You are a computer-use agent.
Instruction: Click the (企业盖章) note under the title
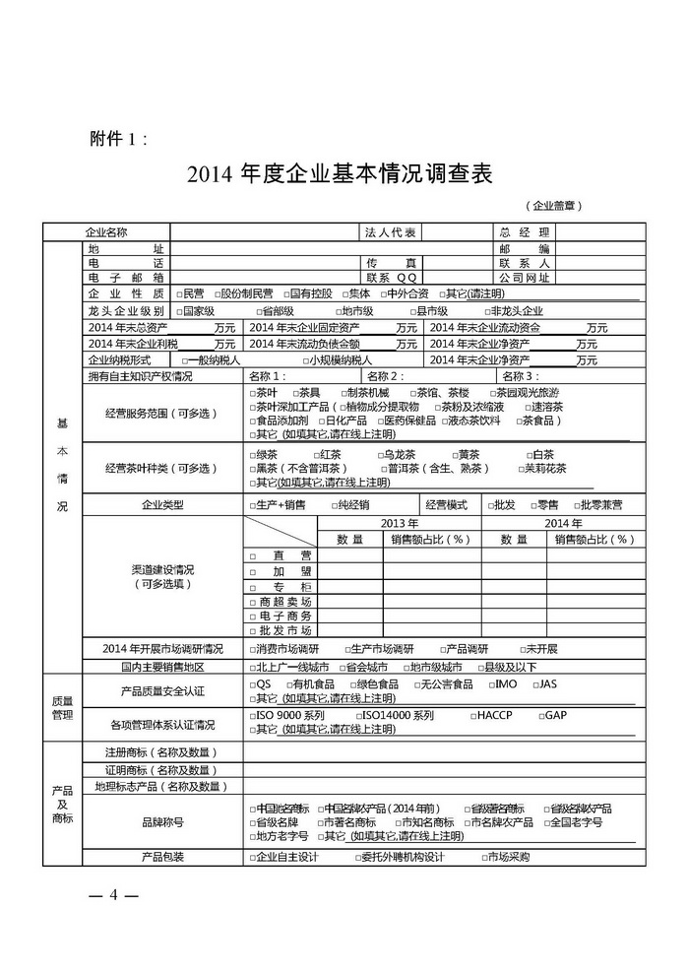pyautogui.click(x=557, y=206)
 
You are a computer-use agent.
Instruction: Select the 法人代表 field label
pyautogui.click(x=392, y=232)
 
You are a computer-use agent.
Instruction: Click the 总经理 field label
pyautogui.click(x=524, y=232)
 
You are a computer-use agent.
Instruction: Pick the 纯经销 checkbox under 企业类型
pyautogui.click(x=331, y=505)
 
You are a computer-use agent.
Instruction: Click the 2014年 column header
pyautogui.click(x=563, y=522)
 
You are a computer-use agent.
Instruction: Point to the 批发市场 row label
pyautogui.click(x=285, y=630)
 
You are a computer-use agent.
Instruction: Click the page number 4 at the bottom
pyautogui.click(x=113, y=894)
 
